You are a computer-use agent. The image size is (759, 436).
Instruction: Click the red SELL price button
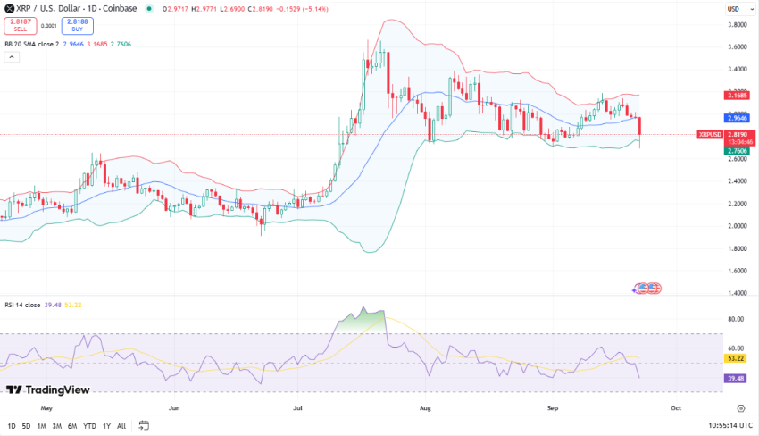click(20, 24)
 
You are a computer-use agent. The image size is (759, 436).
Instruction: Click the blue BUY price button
click(78, 24)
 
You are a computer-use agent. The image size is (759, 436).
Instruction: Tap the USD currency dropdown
click(735, 9)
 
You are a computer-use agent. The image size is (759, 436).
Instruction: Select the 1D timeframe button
click(12, 426)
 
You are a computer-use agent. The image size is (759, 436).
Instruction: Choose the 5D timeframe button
click(26, 426)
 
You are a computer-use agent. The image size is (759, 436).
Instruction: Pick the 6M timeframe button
click(72, 426)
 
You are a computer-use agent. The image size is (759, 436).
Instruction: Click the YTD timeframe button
click(89, 426)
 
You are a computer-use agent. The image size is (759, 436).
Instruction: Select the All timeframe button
click(121, 426)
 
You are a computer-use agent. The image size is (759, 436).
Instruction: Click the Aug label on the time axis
click(425, 407)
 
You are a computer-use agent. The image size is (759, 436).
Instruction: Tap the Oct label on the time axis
click(676, 407)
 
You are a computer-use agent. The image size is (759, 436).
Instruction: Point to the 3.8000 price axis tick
click(738, 24)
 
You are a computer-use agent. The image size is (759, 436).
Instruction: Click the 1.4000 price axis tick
click(738, 293)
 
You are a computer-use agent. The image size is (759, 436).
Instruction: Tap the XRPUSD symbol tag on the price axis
click(710, 135)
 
